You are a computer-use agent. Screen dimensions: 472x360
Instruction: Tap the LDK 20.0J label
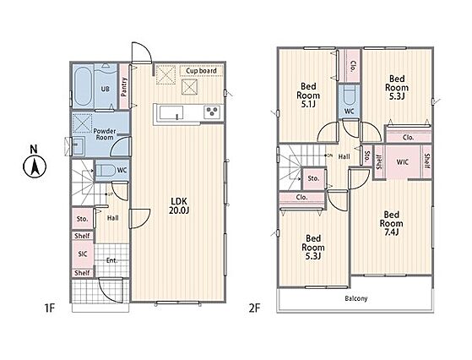[x=179, y=205]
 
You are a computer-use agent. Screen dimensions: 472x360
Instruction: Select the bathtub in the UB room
[x=82, y=86]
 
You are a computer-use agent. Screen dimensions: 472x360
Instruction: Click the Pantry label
[x=124, y=87]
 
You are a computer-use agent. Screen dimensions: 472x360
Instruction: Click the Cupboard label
[x=201, y=71]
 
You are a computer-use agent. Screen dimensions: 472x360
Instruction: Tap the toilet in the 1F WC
[x=106, y=171]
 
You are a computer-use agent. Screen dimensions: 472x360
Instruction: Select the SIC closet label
[x=83, y=254]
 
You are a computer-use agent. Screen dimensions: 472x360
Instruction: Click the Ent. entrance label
[x=111, y=260]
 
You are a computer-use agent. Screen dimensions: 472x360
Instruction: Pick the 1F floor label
[x=50, y=308]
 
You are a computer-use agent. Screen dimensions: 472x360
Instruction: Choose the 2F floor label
[x=254, y=308]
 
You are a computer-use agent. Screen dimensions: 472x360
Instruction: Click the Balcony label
[x=356, y=298]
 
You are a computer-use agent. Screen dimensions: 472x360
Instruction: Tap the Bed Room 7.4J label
[x=391, y=224]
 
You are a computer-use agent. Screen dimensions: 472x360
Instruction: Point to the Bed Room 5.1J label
[x=308, y=95]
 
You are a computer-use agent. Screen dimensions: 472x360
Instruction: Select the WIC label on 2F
[x=403, y=162]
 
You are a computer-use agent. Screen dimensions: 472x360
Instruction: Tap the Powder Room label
[x=105, y=134]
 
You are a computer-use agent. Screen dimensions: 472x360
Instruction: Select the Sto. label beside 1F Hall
[x=82, y=219]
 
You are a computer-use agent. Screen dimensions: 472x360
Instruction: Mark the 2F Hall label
[x=344, y=156]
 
